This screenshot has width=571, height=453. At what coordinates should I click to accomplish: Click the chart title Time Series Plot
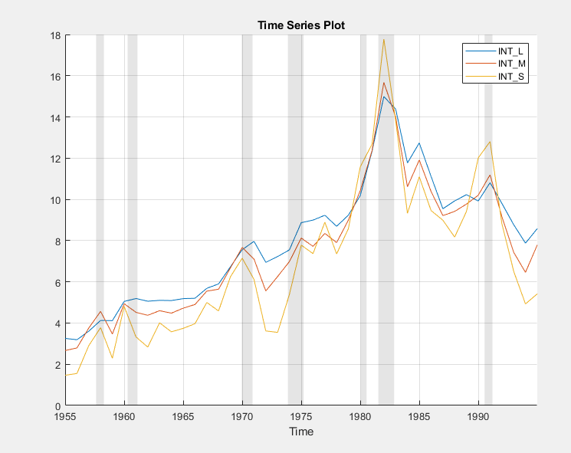[x=301, y=25]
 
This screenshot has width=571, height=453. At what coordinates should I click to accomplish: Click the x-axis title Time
[x=301, y=432]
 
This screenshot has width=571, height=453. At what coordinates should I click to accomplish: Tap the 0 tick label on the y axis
[x=57, y=406]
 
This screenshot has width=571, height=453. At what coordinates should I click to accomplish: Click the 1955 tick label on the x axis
[x=66, y=417]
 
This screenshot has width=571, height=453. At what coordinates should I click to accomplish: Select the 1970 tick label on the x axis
[x=242, y=417]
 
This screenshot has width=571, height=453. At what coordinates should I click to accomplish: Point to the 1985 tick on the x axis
[x=419, y=417]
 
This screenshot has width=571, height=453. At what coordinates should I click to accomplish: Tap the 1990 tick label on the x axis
[x=478, y=417]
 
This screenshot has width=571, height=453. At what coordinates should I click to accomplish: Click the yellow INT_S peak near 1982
[x=383, y=39]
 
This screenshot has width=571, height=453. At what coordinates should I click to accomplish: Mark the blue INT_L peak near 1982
[x=383, y=96]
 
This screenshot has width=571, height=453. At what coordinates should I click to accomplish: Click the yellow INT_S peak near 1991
[x=490, y=142]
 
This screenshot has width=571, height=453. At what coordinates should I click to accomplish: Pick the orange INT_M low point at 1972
[x=265, y=291]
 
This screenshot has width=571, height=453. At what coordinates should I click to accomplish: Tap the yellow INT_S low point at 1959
[x=113, y=358]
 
